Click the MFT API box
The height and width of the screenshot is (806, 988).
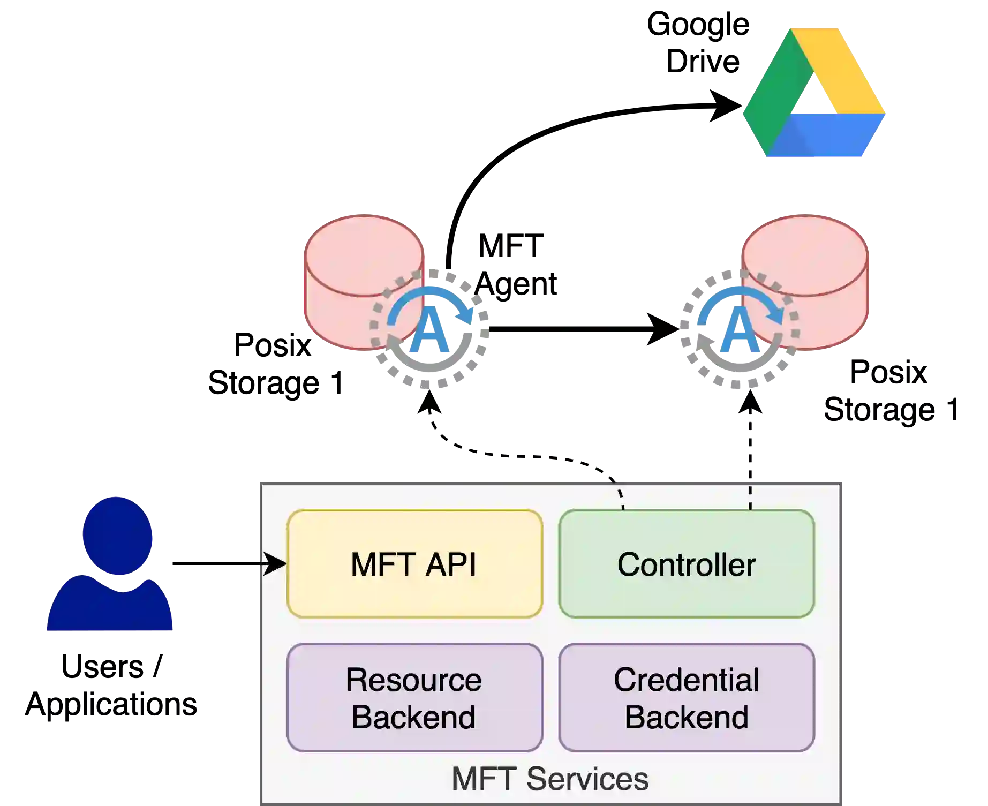coord(414,564)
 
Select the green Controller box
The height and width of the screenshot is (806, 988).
coord(687,564)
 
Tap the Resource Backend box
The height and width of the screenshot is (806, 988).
coord(414,697)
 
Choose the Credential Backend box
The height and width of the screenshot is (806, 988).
coord(687,697)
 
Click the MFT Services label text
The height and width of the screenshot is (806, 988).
coord(550,779)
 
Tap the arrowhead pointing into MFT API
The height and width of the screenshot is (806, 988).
coord(276,564)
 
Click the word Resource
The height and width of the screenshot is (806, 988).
coord(413,680)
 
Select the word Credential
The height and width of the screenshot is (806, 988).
coord(687,680)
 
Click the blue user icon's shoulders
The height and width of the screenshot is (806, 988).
coord(110,608)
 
